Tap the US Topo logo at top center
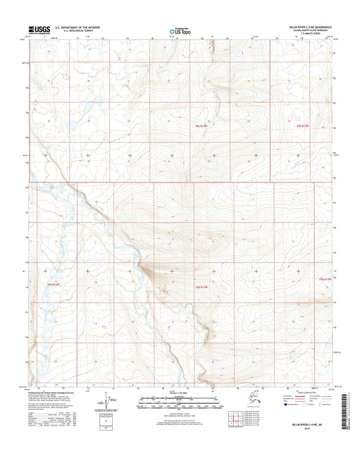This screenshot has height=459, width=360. [x=179, y=30]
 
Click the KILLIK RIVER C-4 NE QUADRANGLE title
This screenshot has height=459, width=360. [x=305, y=27]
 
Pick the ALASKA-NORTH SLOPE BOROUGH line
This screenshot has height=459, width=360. [x=310, y=30]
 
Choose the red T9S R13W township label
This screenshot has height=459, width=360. [x=195, y=288]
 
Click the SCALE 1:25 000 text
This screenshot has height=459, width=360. [x=180, y=394]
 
